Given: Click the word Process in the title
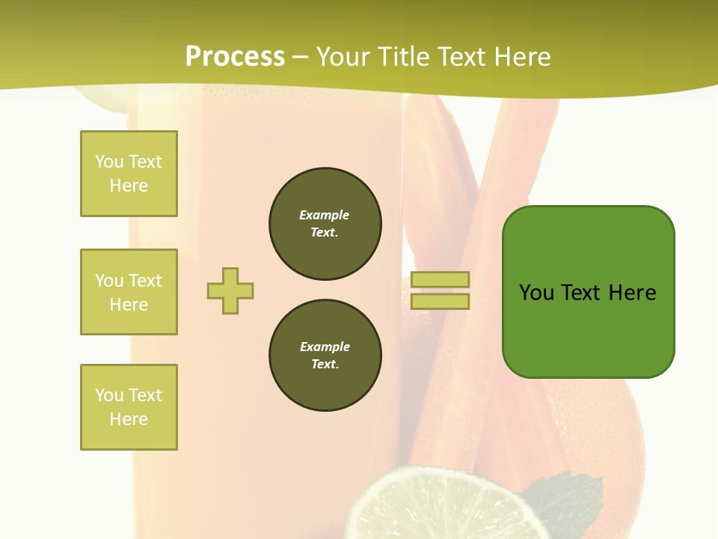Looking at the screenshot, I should (235, 57).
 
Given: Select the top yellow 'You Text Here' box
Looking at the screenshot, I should (129, 174).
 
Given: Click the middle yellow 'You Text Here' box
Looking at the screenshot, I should (129, 292).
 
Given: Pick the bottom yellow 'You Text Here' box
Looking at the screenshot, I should (129, 407).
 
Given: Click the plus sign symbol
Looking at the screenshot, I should (230, 290).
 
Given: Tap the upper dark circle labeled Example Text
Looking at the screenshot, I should (325, 224).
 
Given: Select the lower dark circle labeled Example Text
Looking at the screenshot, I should (325, 356).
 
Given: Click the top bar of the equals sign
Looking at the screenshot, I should (440, 280).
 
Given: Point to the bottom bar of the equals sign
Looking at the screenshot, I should (440, 302).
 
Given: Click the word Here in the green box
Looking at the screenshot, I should (632, 293).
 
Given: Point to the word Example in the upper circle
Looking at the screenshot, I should (324, 215).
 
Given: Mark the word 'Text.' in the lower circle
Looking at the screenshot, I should (325, 365).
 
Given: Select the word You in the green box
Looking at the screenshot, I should (537, 293).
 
